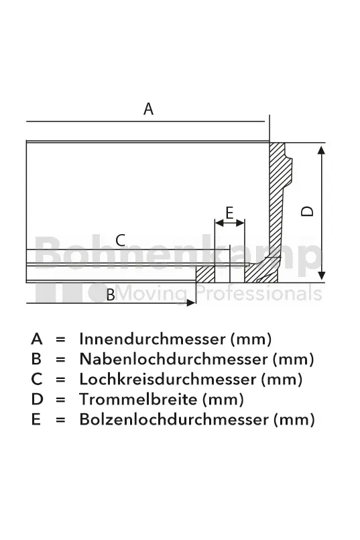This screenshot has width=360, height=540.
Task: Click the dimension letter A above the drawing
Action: coord(148,109)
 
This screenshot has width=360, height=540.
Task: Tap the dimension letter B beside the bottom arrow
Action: coord(111,295)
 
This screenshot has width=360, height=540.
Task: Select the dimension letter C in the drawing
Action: coord(121,240)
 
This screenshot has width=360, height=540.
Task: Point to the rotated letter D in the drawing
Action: coord(307,211)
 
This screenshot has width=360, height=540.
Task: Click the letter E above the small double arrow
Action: coord(229,213)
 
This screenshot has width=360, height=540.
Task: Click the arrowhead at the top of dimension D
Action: coord(322,150)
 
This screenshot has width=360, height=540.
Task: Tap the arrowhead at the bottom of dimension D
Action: coord(322,276)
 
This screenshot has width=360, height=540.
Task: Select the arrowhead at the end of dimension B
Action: coord(191,303)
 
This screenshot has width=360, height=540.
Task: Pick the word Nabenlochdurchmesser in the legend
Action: coord(174,359)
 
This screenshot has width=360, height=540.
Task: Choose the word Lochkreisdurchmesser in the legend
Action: coord(168,379)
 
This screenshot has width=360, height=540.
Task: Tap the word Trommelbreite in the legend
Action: coord(138,399)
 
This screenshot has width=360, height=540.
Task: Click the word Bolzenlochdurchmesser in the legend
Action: coord(174,419)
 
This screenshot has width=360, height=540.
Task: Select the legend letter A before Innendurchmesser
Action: coord(37,339)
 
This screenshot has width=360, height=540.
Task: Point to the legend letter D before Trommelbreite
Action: coord(37,399)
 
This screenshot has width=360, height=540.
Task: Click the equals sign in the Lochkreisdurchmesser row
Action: coord(60,380)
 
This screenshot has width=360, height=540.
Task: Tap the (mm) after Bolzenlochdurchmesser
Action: coord(294,420)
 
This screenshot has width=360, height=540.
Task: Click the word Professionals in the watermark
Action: coord(259,294)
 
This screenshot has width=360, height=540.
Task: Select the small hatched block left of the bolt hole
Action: coord(205,274)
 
